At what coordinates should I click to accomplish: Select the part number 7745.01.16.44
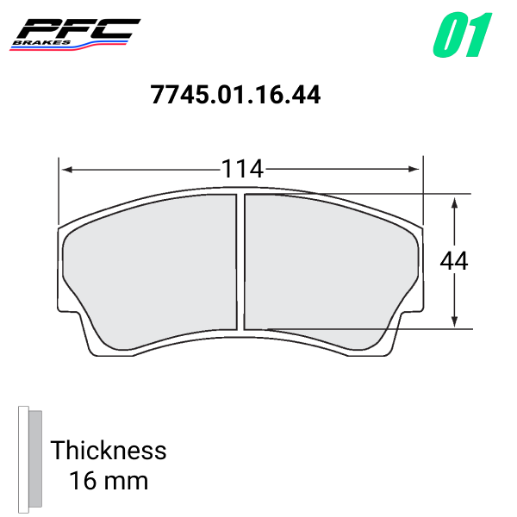click(235, 94)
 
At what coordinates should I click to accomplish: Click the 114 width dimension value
click(241, 169)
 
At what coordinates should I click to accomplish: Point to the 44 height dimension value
click(454, 260)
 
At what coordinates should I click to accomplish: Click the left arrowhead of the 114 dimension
click(65, 169)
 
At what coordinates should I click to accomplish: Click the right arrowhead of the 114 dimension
click(418, 169)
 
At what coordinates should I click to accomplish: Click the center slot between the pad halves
click(241, 263)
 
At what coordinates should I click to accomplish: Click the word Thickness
click(109, 450)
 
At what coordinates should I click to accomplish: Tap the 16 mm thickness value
click(109, 480)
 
